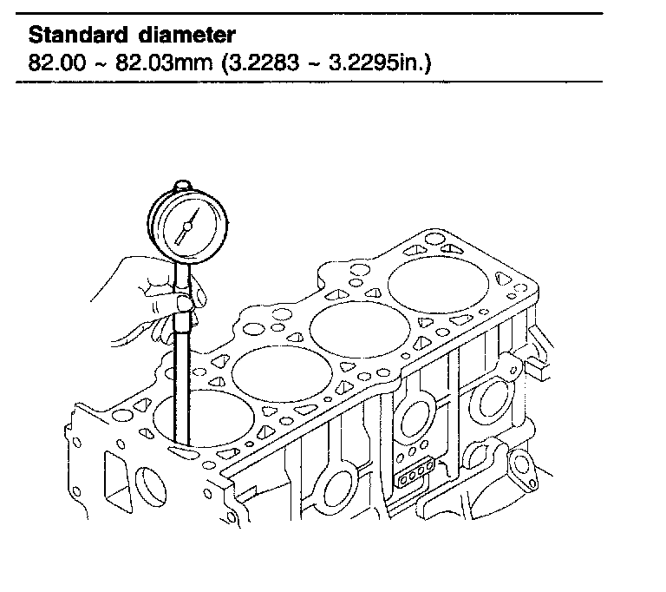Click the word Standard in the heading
[x=78, y=35]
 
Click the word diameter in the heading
[x=186, y=35]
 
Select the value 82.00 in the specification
[x=57, y=62]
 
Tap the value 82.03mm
[x=164, y=62]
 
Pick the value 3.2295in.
[x=377, y=62]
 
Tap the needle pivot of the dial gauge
[x=187, y=227]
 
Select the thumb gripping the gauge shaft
[x=185, y=303]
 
